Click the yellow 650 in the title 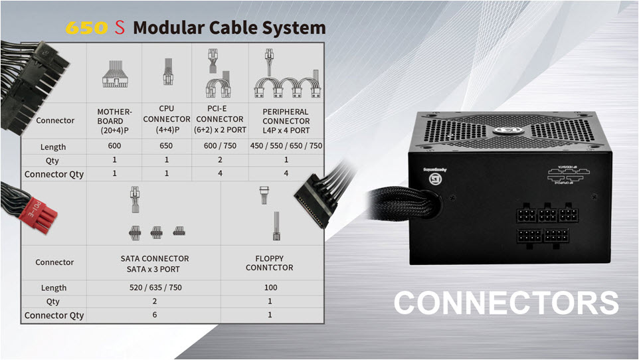pos(86,28)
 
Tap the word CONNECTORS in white pos(506,303)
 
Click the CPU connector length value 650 pos(167,146)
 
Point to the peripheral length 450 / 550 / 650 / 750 pos(286,146)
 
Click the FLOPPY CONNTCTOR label pos(269,263)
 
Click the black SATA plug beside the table pos(318,199)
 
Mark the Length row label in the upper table pos(54,147)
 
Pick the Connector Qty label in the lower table pos(54,315)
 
